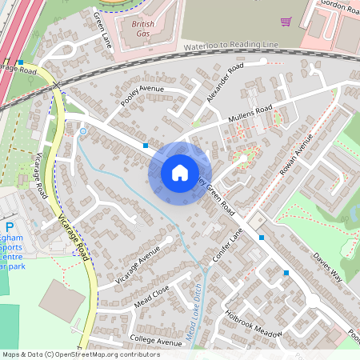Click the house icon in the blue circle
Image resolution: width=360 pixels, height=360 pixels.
(x=180, y=172)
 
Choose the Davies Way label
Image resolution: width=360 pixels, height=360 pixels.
(x=327, y=268)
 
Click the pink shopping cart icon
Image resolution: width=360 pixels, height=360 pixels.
(x=286, y=21)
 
